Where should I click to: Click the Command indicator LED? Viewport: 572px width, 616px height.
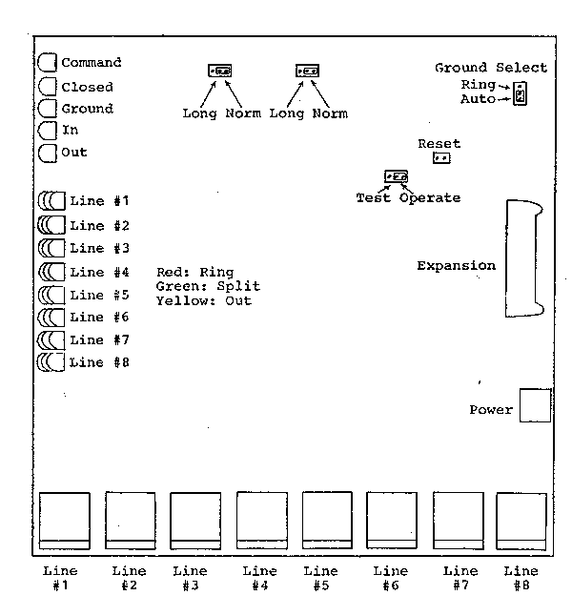47,63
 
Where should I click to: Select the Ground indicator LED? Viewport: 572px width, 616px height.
47,109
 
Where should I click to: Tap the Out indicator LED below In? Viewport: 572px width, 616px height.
47,153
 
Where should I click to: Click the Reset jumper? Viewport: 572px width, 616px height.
440,158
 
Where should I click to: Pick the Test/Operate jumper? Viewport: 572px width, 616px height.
396,177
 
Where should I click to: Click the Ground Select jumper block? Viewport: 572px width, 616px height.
520,93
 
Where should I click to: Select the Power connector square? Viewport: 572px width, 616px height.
535,405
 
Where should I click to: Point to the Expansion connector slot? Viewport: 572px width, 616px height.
523,258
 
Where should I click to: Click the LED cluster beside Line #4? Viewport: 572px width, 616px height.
51,272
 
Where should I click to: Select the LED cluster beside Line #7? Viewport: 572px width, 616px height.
51,340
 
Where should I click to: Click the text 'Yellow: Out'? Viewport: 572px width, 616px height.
203,300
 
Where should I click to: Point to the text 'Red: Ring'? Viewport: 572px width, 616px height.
194,273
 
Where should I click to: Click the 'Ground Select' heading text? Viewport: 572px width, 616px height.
491,68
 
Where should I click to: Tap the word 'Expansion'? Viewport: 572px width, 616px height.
456,266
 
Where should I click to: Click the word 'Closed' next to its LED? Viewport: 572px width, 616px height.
87,87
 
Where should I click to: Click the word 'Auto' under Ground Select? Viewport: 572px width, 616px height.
478,98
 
